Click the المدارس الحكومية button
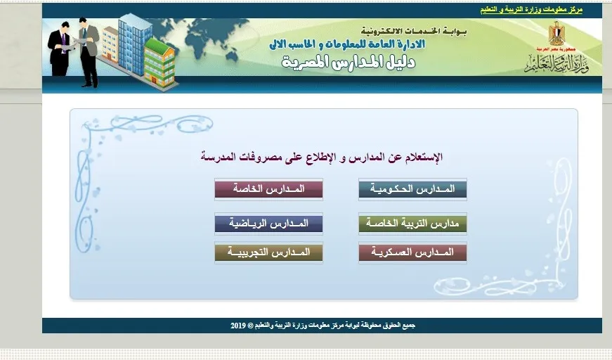(412, 189)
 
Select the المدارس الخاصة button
(268, 189)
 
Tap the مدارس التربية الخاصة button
(412, 224)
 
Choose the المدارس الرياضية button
(268, 224)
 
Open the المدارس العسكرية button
(412, 252)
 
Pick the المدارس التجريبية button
(268, 252)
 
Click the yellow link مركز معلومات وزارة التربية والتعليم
(531, 10)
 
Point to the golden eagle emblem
(556, 34)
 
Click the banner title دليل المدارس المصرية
(348, 63)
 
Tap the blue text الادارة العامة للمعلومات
(375, 44)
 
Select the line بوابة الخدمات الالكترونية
(413, 31)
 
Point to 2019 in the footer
(237, 326)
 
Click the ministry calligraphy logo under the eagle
(556, 63)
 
